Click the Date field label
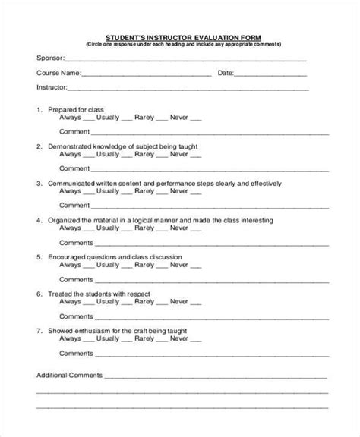click(x=226, y=74)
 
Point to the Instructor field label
click(x=51, y=87)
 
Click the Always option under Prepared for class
click(x=70, y=118)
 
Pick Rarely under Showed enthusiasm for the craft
click(x=142, y=338)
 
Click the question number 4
click(x=39, y=220)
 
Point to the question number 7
click(x=39, y=330)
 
